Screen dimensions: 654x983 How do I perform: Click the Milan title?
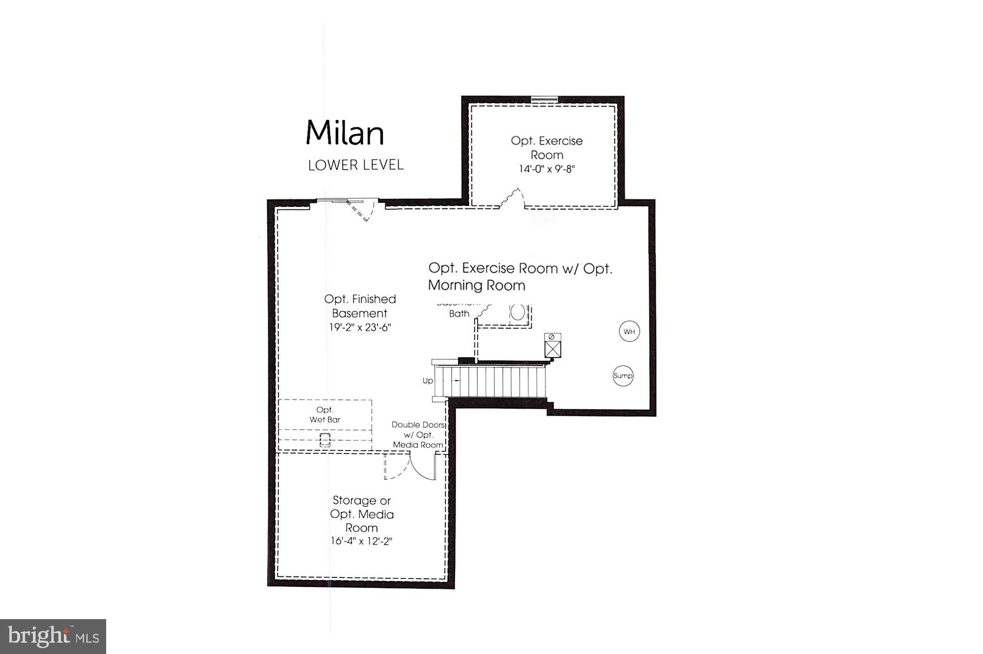point(345,133)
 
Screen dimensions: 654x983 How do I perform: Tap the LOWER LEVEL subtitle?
point(356,165)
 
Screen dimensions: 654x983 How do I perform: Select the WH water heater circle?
point(629,332)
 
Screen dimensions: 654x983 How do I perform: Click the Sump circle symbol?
point(623,376)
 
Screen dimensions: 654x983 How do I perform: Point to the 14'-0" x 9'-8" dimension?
point(547,169)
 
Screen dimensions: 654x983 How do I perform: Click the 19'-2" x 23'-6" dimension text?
point(360,327)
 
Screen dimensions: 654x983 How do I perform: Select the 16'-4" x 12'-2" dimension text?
point(361,541)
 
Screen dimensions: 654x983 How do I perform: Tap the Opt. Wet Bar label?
point(324,415)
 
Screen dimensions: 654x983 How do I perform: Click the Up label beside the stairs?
point(428,381)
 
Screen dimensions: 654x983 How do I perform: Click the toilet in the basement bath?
point(518,313)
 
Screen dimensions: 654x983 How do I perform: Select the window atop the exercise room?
point(545,100)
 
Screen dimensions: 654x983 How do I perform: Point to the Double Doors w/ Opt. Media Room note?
point(418,435)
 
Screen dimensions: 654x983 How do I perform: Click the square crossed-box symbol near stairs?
point(552,349)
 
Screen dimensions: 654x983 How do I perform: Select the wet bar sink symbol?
point(325,439)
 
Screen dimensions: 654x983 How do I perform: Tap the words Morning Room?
point(476,285)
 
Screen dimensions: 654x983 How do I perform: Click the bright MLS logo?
point(53,637)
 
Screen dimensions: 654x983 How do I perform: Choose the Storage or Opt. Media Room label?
point(362,514)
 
